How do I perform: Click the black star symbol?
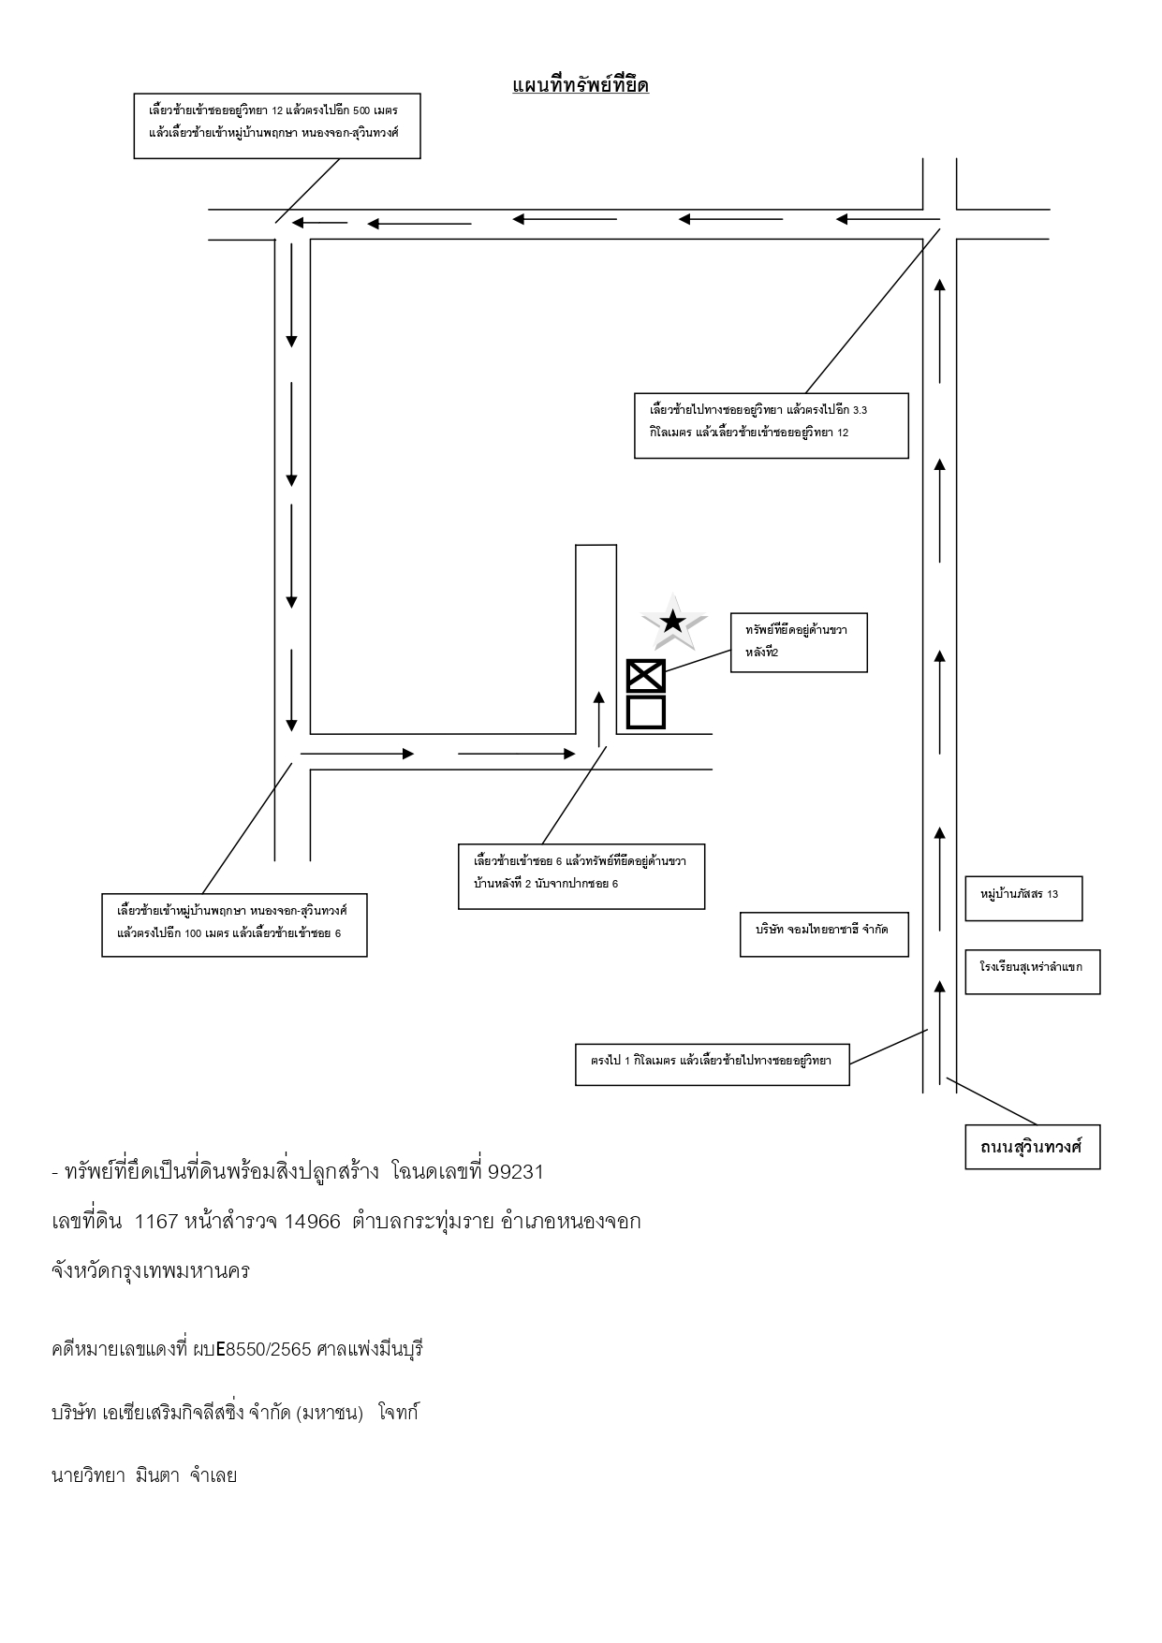671,621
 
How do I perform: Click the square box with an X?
646,676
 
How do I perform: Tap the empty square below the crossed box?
646,711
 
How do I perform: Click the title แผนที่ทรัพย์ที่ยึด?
581,85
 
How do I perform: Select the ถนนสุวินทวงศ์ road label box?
1032,1146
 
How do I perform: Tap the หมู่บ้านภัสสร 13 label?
1024,898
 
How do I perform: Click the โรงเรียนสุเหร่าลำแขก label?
1032,971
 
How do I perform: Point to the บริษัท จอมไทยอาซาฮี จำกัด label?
824,933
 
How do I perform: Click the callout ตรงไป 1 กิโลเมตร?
712,1064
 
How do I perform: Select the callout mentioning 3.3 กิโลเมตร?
772,425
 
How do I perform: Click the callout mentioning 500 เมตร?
277,125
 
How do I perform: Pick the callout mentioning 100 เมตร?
234,925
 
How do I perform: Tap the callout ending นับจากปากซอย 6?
581,876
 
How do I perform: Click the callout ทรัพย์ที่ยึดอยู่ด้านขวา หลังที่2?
799,642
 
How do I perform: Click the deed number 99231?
516,1172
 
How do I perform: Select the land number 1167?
156,1222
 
